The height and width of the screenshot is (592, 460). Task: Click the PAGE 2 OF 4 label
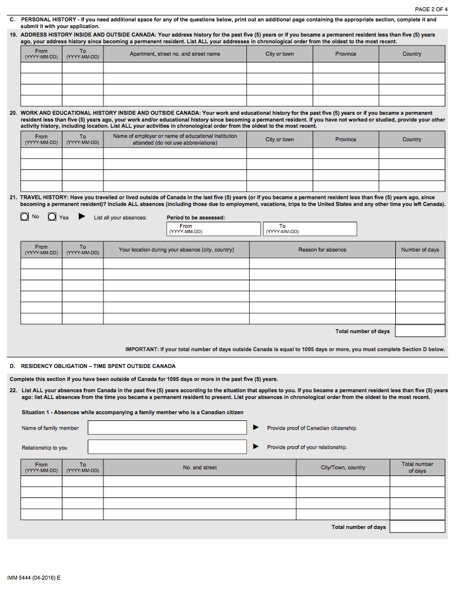tap(431, 10)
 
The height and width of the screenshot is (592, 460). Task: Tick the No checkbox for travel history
tap(25, 217)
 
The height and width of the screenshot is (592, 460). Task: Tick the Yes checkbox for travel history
tap(52, 217)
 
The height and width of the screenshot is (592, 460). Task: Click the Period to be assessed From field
tap(214, 229)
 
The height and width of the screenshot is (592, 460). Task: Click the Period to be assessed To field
tap(310, 229)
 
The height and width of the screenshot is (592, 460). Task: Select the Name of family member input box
tap(167, 428)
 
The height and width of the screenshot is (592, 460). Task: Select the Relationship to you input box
tap(167, 447)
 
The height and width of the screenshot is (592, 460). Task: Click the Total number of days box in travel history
tap(420, 331)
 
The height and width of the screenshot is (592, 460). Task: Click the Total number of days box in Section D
tap(417, 527)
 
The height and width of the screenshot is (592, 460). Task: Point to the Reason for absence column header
tap(322, 250)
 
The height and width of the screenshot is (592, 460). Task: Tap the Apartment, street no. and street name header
tap(175, 54)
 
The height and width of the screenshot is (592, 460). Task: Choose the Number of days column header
tap(420, 250)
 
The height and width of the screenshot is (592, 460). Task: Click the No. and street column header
tap(200, 468)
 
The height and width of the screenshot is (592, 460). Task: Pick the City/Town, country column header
tap(343, 468)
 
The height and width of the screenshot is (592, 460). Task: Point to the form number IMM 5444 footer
tap(34, 578)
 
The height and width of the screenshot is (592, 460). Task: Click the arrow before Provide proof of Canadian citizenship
tap(256, 428)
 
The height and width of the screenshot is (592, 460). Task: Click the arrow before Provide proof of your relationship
tap(256, 447)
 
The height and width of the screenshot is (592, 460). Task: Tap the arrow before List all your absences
tap(82, 217)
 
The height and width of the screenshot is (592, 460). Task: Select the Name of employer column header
tap(175, 140)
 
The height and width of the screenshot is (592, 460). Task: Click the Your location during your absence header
tap(176, 250)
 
